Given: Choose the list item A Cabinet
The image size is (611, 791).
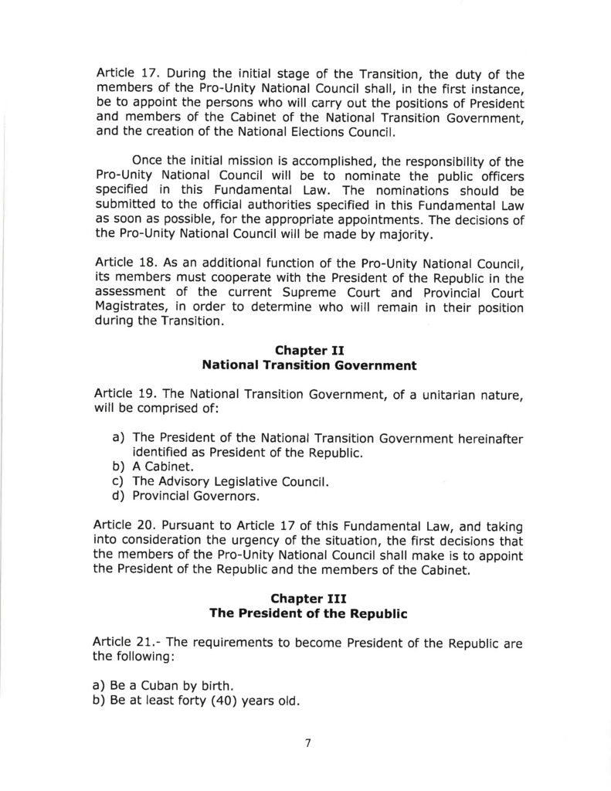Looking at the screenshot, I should pos(163,467).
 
